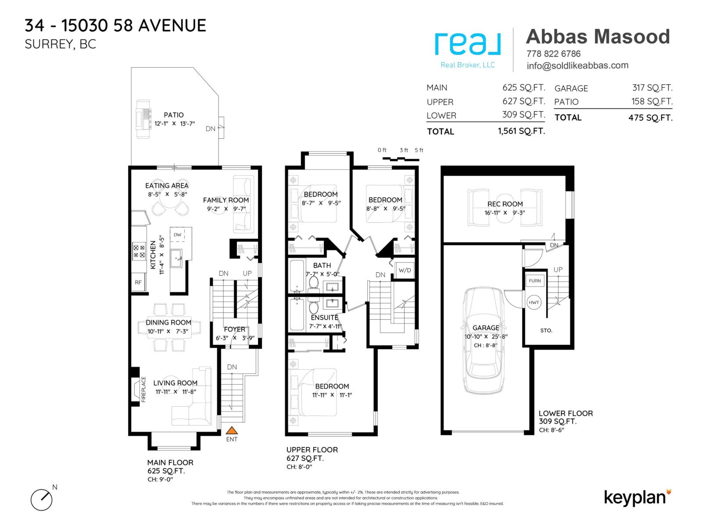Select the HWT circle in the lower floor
[534, 303]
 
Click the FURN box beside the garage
[535, 281]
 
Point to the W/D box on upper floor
[405, 270]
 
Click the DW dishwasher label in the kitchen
[177, 235]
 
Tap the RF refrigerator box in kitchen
[138, 282]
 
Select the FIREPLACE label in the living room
[143, 389]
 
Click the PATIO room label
[174, 115]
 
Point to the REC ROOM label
[505, 204]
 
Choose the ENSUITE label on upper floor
[324, 318]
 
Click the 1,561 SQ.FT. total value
[521, 131]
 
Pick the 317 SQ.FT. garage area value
[652, 88]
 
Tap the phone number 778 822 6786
[553, 54]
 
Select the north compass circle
[41, 500]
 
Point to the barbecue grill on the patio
[143, 119]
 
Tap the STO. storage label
[546, 330]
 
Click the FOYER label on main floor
[235, 329]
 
